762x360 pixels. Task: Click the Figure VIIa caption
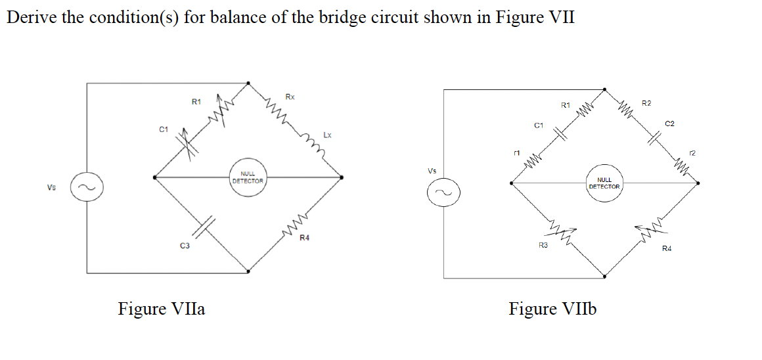coord(161,308)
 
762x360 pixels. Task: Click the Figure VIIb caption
coord(552,309)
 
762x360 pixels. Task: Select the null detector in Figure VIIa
coord(248,177)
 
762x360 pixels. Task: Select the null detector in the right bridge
coord(604,183)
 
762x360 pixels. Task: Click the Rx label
coord(290,97)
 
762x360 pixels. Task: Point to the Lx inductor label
coord(326,135)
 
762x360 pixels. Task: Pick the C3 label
coord(185,246)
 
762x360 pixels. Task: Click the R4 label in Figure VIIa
coord(304,238)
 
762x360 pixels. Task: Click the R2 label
coord(646,103)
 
